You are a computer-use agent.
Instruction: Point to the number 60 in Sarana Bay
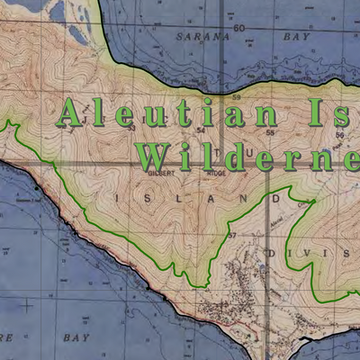238,29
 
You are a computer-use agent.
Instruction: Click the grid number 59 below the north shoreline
237,97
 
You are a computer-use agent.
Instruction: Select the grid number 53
131,128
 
